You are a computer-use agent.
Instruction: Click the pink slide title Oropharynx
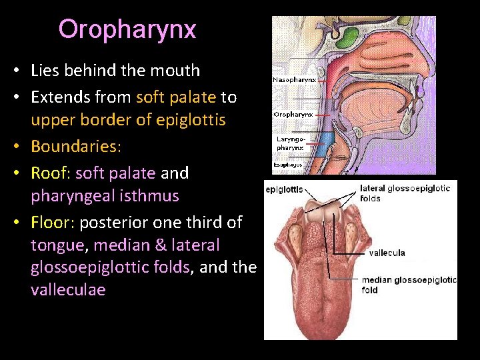tap(127, 29)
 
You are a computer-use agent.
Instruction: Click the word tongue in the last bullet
tap(57, 245)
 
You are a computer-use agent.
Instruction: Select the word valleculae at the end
tap(68, 290)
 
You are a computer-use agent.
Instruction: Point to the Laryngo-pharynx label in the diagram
tap(290, 143)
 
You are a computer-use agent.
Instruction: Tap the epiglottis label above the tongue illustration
tap(285, 189)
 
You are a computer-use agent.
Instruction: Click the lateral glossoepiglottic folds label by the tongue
tap(405, 193)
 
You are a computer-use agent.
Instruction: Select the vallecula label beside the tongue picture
tap(388, 253)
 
